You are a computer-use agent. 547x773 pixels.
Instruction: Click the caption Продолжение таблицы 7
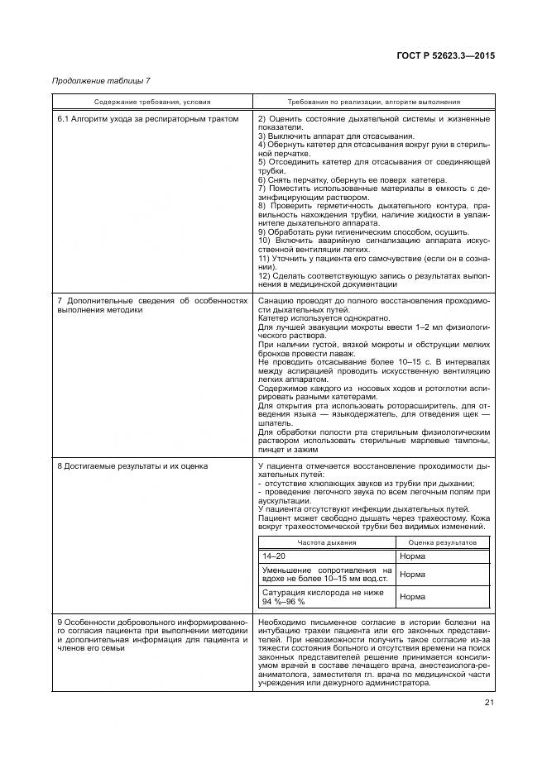[101, 80]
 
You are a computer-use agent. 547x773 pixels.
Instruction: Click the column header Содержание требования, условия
[152, 102]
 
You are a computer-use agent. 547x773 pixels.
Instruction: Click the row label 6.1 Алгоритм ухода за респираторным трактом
[148, 119]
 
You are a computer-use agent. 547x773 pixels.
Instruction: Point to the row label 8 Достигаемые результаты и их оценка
[132, 466]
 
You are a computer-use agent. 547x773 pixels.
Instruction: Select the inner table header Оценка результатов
[444, 542]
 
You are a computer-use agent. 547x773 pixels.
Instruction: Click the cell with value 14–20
[272, 558]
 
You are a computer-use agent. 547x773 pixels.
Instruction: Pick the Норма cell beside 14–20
[412, 558]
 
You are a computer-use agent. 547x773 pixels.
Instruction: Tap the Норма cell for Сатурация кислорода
[412, 597]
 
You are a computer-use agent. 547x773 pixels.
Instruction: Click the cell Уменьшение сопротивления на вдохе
[327, 575]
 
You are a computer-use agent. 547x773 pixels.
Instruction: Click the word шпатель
[272, 422]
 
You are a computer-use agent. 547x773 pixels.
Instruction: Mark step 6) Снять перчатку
[353, 180]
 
